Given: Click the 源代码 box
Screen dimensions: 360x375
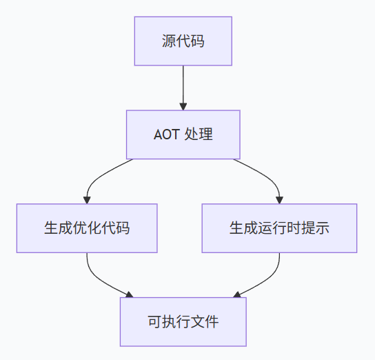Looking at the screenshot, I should [x=183, y=41].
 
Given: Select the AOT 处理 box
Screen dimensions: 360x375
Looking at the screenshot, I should [x=183, y=134].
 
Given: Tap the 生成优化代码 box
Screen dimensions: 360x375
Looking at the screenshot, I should [x=86, y=228].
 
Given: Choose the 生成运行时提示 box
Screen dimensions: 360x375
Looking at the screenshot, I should [x=279, y=228].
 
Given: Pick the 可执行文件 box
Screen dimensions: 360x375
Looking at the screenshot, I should [x=183, y=321].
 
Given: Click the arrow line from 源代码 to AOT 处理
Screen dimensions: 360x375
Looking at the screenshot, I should [x=183, y=86].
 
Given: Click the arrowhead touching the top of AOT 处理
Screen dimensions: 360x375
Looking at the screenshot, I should [x=183, y=107].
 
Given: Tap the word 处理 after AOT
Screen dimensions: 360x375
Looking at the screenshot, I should [x=199, y=134].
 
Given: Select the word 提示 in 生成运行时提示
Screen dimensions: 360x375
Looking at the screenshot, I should [x=316, y=228].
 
